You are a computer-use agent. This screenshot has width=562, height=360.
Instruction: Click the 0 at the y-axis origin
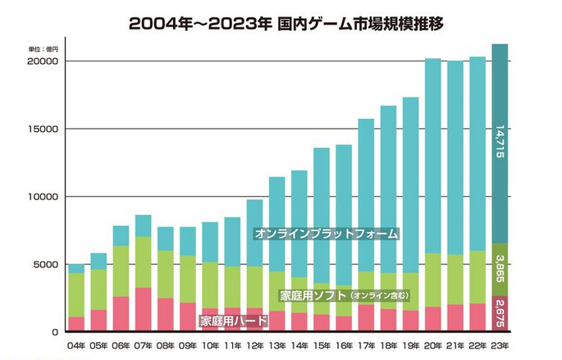pyautogui.click(x=52, y=332)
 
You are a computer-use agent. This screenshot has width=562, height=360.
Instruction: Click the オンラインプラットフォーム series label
pyautogui.click(x=326, y=235)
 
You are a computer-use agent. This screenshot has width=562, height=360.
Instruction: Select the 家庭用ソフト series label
pyautogui.click(x=308, y=294)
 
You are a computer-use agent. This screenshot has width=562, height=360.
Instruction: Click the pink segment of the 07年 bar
pyautogui.click(x=143, y=310)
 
